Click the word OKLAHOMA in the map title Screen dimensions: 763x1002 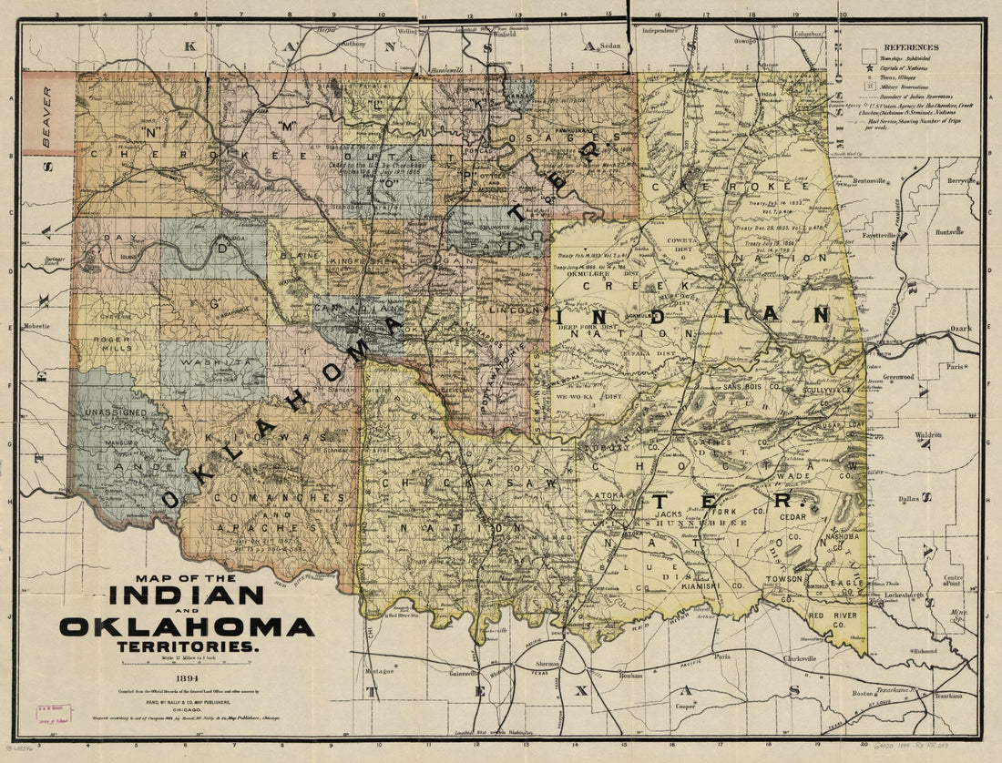tap(187, 626)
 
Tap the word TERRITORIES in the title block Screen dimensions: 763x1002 tap(187, 646)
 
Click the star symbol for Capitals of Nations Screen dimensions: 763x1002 tap(865, 67)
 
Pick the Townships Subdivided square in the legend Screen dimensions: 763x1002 tap(865, 57)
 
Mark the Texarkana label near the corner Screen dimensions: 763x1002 tap(947, 695)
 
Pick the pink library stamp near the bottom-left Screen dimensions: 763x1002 tap(54, 713)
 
